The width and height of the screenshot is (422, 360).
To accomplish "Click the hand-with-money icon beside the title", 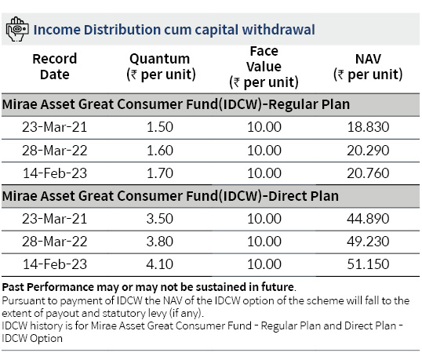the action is pyautogui.click(x=17, y=29).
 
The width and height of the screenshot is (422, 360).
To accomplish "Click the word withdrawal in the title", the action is pyautogui.click(x=278, y=30).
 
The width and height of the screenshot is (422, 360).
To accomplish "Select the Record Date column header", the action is pyautogui.click(x=55, y=67).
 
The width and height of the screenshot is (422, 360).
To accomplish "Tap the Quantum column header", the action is pyautogui.click(x=161, y=67).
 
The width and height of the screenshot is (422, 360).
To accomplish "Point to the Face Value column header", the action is pyautogui.click(x=264, y=67).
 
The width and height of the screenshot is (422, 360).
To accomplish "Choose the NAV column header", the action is pyautogui.click(x=368, y=67).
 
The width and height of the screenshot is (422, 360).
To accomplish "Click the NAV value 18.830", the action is pyautogui.click(x=368, y=127).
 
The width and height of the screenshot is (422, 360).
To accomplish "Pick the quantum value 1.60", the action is pyautogui.click(x=159, y=150).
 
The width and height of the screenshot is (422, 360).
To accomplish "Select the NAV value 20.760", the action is pyautogui.click(x=368, y=173).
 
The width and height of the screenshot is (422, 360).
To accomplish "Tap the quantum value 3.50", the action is pyautogui.click(x=159, y=219).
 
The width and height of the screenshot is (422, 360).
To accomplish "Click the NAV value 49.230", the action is pyautogui.click(x=368, y=242).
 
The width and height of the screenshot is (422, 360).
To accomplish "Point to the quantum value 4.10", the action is pyautogui.click(x=159, y=264).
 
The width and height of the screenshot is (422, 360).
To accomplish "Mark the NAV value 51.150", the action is pyautogui.click(x=368, y=264).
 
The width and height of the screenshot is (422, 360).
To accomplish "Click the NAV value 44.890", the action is pyautogui.click(x=368, y=219).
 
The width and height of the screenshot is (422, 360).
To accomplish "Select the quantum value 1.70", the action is pyautogui.click(x=159, y=173).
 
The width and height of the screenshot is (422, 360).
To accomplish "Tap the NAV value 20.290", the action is pyautogui.click(x=368, y=150).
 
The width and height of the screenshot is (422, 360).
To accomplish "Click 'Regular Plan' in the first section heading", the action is pyautogui.click(x=309, y=104).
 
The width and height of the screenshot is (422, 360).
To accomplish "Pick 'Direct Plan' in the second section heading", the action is pyautogui.click(x=304, y=196).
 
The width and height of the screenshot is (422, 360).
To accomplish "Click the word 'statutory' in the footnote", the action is pyautogui.click(x=124, y=313).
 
